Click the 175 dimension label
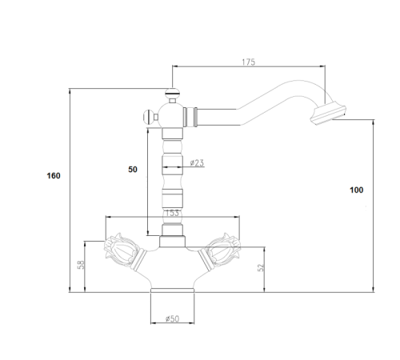[249, 62]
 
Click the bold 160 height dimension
[54, 176]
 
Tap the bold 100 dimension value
[357, 190]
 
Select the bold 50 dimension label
[133, 170]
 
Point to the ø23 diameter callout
[197, 162]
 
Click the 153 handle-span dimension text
[172, 213]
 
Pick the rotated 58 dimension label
[81, 265]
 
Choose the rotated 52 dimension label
[261, 267]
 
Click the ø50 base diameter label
[173, 318]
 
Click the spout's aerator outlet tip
[328, 114]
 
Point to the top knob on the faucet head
[173, 94]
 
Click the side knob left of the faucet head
[150, 117]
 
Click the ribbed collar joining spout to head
[190, 117]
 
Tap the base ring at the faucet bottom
[172, 290]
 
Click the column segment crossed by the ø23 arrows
[172, 164]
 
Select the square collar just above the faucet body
[172, 242]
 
